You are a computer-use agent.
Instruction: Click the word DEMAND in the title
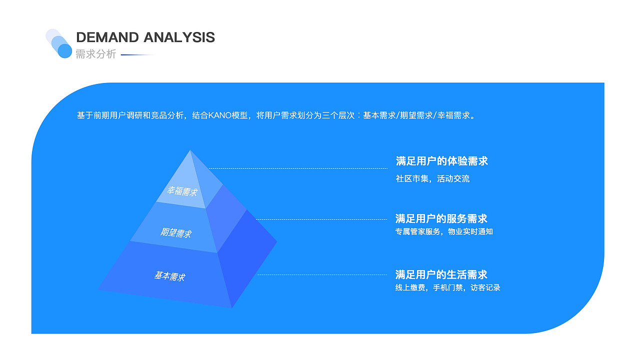point(107,37)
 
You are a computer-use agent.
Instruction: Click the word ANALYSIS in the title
point(179,37)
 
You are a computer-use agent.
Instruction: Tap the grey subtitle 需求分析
point(95,54)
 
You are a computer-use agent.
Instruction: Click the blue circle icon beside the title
point(65,51)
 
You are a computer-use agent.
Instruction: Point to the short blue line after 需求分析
point(138,54)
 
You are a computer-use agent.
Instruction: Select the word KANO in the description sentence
point(220,115)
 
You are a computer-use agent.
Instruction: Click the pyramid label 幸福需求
point(182,191)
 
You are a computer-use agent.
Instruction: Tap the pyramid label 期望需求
point(175,233)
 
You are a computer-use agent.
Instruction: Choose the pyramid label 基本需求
point(169,276)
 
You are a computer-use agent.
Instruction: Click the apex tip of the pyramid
point(190,150)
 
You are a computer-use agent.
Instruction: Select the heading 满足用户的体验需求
point(441,161)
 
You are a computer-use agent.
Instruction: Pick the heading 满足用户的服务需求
point(441,219)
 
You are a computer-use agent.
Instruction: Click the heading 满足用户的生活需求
point(441,275)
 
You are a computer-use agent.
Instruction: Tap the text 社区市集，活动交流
point(432,179)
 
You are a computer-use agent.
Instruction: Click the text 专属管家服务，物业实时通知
point(444,231)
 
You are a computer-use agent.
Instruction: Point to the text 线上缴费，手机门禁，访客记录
point(447,287)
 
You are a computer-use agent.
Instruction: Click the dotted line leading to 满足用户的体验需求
point(298,168)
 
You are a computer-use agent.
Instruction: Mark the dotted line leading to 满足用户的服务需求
point(321,219)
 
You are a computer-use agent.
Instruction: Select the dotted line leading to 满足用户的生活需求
point(322,275)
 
